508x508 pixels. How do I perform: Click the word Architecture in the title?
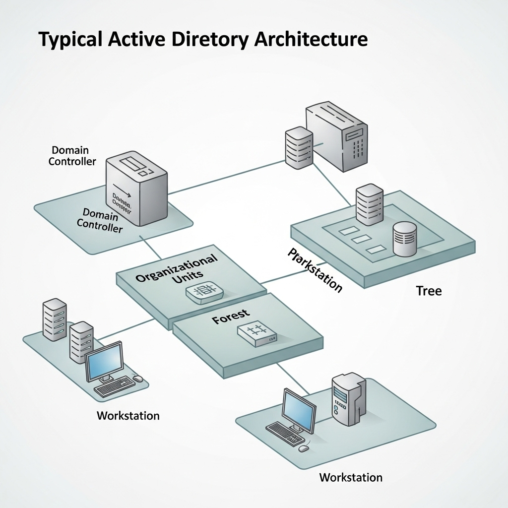(311, 40)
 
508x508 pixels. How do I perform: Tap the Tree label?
(429, 291)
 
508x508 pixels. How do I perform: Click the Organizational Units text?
(177, 271)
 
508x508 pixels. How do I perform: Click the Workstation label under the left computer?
(128, 415)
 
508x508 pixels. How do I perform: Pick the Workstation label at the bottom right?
(351, 477)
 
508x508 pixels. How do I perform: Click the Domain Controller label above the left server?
(72, 155)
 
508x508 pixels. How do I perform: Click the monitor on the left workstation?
(104, 361)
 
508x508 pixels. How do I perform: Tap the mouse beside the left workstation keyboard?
(138, 379)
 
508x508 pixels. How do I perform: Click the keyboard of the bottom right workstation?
(285, 434)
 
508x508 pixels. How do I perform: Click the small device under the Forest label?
(255, 336)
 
